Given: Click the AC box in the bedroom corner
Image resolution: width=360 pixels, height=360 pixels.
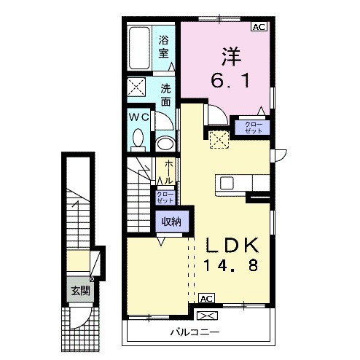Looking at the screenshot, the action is point(259,26).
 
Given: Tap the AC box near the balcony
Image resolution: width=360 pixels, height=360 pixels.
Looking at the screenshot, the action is point(207,298).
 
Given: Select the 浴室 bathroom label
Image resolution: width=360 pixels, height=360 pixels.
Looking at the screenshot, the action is point(164,47).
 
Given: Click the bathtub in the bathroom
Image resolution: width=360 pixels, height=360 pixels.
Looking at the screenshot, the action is point(139,48).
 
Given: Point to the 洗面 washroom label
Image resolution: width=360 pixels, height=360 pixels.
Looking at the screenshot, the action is point(165,95).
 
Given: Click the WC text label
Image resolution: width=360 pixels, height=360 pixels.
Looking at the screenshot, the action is point(138,117).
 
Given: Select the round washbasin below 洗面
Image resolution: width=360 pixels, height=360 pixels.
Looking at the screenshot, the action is point(165,144).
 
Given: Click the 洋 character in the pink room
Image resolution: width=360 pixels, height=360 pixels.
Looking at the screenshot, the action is point(231,57).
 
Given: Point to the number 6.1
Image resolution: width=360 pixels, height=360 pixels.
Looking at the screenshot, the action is point(230,81).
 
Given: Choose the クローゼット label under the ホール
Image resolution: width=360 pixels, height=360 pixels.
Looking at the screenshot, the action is point(165,197).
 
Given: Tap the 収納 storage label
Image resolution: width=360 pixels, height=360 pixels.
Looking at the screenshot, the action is point(172,222).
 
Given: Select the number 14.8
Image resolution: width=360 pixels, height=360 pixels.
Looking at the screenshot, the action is point(231,265).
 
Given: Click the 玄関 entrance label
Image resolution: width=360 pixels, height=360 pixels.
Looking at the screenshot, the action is point(80,291).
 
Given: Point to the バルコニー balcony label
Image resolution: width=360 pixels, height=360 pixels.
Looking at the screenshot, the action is point(195,332).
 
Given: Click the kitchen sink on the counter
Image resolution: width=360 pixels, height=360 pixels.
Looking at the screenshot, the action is point(227,183).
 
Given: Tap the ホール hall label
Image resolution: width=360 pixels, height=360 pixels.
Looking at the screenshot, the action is point(169,172).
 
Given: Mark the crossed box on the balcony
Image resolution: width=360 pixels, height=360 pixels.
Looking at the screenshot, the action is point(207,316).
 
